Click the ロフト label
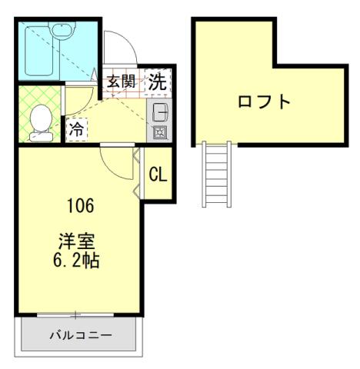[265, 101]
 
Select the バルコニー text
[81, 335]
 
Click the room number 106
[80, 206]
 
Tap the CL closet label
[158, 175]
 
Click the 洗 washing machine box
[158, 80]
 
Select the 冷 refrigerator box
[76, 130]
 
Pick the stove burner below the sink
[161, 131]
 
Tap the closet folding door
[136, 175]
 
